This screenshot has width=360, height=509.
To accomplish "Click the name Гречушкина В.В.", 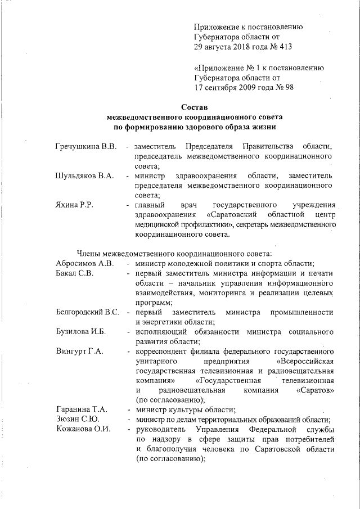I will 86,147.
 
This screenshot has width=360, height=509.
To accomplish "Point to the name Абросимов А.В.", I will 85,263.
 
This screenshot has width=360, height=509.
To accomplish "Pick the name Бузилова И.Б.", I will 82,332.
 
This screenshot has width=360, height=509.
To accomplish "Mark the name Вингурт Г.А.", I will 79,352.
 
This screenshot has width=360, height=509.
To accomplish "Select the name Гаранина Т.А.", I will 82,409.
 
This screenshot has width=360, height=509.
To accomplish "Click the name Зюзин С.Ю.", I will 78,420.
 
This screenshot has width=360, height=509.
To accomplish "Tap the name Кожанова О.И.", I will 83,430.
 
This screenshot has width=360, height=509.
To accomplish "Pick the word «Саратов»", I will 316,390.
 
